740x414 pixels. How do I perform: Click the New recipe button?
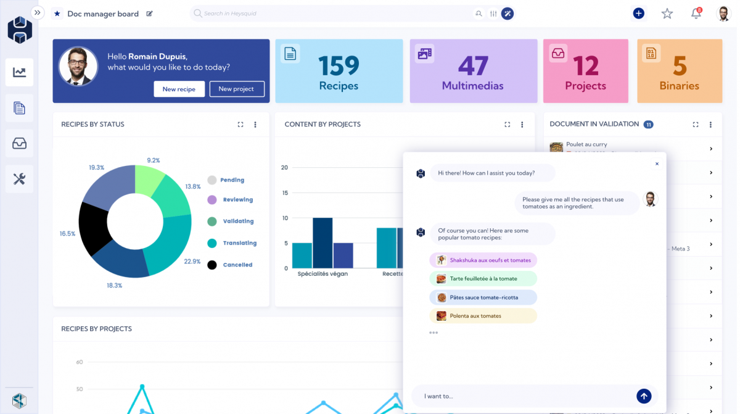click(179, 89)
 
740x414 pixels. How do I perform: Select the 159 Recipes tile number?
click(339, 66)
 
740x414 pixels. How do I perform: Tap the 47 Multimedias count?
click(472, 66)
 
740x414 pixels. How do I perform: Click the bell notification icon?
click(696, 14)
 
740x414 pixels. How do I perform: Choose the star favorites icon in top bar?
click(667, 14)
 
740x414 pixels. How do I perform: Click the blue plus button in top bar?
click(638, 14)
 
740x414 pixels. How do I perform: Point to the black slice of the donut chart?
click(94, 228)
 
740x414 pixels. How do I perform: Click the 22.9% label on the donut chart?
click(192, 262)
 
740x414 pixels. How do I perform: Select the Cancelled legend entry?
click(237, 265)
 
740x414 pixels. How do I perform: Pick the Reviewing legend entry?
click(237, 200)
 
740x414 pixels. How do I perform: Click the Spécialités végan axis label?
click(323, 274)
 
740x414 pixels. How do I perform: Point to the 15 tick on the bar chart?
click(284, 193)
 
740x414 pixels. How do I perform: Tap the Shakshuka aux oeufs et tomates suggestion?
click(483, 260)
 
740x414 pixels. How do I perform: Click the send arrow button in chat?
click(644, 396)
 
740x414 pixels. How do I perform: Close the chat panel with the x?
click(657, 164)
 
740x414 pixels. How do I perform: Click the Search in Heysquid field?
click(333, 14)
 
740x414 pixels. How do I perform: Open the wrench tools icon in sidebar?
click(20, 180)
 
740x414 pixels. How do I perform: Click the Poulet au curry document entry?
click(586, 145)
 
